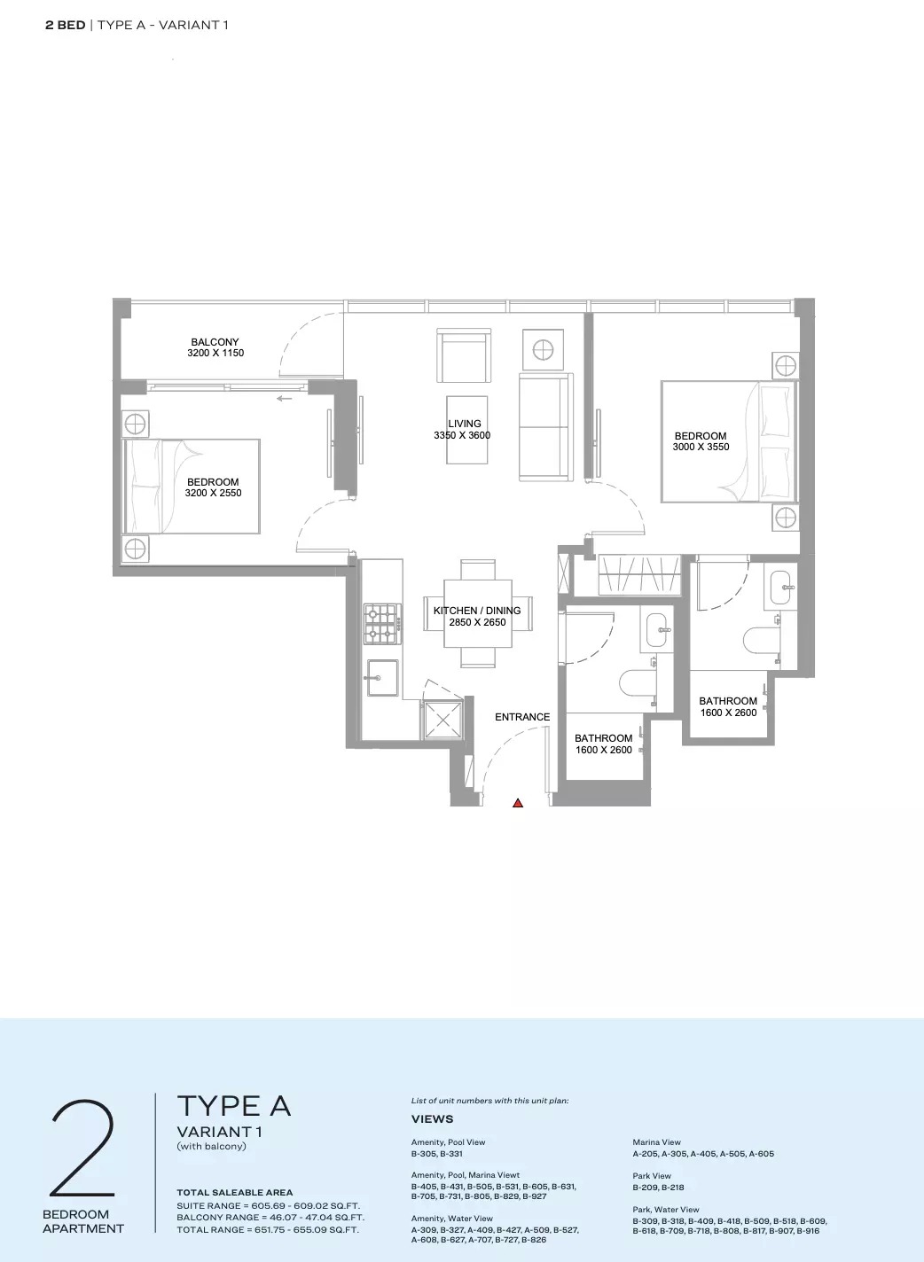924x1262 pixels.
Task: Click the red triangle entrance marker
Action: tap(518, 803)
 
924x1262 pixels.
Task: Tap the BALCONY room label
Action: tap(215, 342)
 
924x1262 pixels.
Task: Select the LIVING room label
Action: tap(464, 424)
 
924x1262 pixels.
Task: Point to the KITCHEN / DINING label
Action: tap(477, 611)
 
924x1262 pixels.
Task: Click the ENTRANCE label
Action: tap(522, 717)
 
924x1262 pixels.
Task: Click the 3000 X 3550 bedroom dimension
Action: tap(701, 448)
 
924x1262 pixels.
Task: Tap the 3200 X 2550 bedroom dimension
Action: tap(213, 494)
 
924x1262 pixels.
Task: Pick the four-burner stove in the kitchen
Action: tap(381, 622)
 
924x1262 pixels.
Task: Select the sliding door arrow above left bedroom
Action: tap(284, 399)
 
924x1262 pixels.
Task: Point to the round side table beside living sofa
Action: tap(543, 351)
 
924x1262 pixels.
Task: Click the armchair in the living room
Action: tap(464, 354)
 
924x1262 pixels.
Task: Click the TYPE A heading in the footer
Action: tap(234, 1106)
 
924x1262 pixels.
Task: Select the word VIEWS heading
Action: tap(432, 1119)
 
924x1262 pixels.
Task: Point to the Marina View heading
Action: tap(658, 1142)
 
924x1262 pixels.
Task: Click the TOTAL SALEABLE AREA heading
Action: tap(234, 1193)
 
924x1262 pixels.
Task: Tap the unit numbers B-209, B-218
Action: tap(658, 1188)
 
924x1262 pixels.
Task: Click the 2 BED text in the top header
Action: tap(65, 25)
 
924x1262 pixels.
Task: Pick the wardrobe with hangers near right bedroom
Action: tap(638, 574)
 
